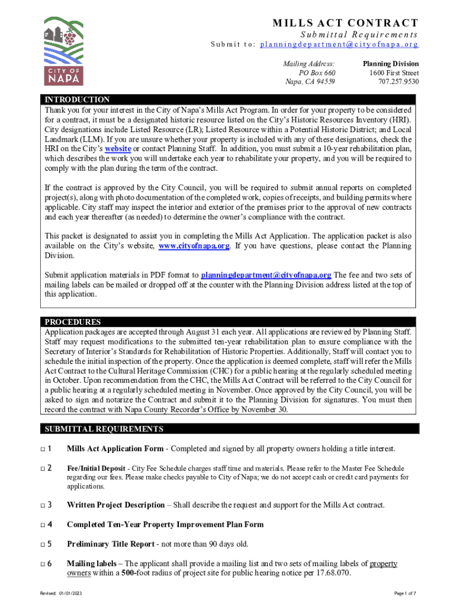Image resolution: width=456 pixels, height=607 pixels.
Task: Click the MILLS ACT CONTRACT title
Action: click(345, 23)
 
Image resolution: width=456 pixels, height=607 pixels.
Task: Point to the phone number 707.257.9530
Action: click(398, 82)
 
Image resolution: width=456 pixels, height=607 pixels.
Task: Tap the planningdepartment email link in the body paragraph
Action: click(266, 275)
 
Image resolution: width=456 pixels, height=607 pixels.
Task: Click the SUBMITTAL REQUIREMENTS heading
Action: click(104, 429)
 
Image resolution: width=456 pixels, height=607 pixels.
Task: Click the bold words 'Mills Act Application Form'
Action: click(115, 449)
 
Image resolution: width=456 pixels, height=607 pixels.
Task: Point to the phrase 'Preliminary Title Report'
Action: click(115, 544)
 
